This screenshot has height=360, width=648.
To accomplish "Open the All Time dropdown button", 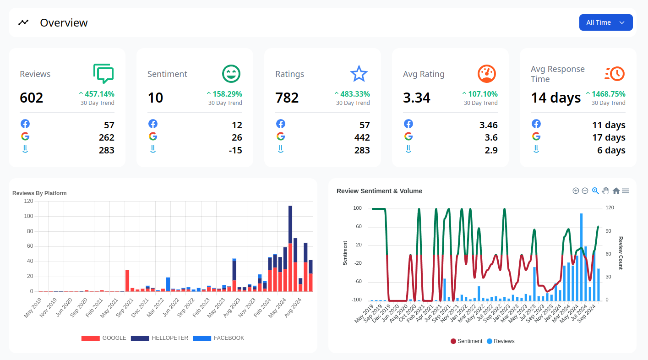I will tap(605, 22).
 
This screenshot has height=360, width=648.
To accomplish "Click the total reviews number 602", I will tap(32, 98).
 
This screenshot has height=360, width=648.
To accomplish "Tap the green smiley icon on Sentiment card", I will tap(231, 74).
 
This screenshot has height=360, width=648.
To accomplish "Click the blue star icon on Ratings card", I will tap(359, 74).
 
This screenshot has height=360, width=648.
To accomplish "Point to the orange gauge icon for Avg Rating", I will tap(487, 74).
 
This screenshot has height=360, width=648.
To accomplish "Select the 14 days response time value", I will tap(555, 98).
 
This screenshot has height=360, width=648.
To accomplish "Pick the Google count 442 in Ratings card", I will tap(362, 137).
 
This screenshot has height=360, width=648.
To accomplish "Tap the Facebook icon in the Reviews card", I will tap(25, 124).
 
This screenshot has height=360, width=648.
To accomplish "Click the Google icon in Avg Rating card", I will tap(408, 136).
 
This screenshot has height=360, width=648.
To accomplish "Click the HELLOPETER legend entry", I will tap(159, 338).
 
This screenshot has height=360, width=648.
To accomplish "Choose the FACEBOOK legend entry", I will tap(218, 338).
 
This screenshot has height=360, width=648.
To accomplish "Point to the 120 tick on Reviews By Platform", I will tap(28, 201).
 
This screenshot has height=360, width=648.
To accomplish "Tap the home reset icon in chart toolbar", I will tap(616, 191).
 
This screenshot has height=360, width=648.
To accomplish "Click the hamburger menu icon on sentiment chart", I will tap(625, 191).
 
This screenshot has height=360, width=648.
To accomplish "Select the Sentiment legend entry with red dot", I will tap(466, 341).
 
